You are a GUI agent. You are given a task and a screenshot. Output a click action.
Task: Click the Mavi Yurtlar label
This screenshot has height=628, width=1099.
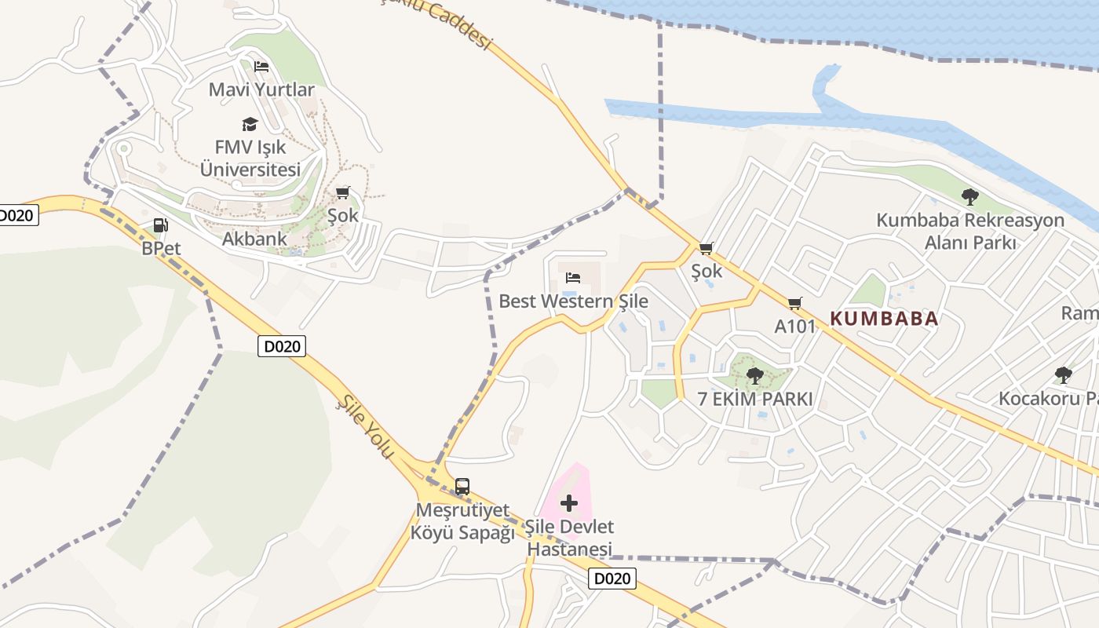(261, 89)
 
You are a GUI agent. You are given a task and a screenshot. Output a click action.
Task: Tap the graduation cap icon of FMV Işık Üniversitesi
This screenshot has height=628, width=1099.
(250, 124)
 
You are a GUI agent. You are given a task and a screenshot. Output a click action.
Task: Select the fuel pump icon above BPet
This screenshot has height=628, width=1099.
(160, 226)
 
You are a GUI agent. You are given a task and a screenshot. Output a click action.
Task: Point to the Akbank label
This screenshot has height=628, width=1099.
(254, 239)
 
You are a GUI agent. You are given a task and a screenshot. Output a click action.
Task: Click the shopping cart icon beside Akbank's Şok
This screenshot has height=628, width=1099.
(342, 193)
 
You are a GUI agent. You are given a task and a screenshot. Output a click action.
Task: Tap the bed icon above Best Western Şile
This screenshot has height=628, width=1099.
(573, 278)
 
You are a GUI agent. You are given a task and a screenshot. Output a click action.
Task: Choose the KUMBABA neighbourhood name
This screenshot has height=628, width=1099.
(884, 319)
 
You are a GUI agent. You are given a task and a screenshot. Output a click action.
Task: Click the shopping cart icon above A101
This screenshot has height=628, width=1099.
(795, 303)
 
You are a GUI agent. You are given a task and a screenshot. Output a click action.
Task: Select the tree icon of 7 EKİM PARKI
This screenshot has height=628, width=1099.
(754, 376)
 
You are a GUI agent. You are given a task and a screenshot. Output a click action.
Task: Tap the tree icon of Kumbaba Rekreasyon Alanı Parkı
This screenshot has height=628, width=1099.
(969, 197)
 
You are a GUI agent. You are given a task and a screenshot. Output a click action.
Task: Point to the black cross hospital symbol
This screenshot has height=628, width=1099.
(569, 503)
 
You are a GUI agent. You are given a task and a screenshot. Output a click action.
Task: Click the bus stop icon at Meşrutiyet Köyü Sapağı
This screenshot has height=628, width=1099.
(462, 487)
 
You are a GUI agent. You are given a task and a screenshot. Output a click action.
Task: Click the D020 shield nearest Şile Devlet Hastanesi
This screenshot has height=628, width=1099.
(612, 579)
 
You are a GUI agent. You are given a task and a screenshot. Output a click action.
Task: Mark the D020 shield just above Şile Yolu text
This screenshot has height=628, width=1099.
(282, 346)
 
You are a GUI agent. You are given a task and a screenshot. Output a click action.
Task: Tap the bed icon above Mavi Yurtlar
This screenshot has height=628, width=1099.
(261, 67)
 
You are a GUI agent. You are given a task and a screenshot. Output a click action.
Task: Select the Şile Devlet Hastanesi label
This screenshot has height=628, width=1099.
(569, 538)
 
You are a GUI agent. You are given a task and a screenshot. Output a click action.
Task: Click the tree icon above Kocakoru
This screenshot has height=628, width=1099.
(1064, 375)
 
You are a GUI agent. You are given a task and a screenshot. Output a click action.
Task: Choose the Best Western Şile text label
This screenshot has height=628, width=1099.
(574, 301)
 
